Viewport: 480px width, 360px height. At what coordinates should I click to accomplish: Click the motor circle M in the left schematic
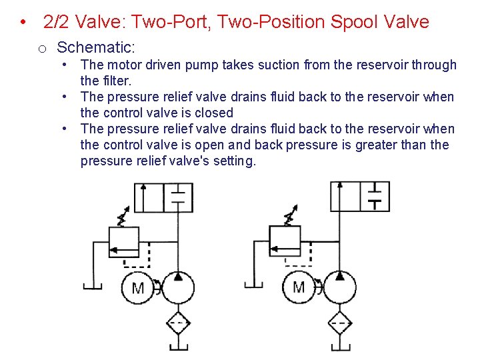point(138,288)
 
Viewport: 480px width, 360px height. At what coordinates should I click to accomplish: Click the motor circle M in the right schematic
point(299,287)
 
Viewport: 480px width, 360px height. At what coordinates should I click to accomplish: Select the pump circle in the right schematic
point(340,287)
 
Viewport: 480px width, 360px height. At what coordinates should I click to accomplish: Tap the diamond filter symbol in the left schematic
point(178,324)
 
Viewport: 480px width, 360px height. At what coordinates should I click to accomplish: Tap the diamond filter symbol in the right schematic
point(340,324)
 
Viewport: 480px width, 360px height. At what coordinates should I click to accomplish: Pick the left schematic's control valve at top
point(163,197)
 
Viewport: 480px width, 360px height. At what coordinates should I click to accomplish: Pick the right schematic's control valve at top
point(360,196)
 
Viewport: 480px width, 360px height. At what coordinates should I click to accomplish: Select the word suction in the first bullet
point(280,65)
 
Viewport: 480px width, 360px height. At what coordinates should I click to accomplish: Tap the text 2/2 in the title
point(57,22)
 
